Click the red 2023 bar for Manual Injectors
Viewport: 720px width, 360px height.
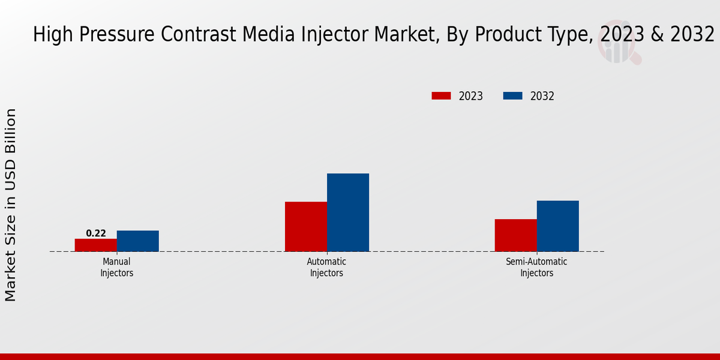(x=96, y=245)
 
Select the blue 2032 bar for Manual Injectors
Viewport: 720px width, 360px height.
(x=138, y=241)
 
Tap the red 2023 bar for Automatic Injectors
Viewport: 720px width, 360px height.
(x=306, y=226)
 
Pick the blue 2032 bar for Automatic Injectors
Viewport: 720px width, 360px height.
(x=348, y=212)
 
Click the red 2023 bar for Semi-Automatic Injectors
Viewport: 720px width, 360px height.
(x=516, y=235)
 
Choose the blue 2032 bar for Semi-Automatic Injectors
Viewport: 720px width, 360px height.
(x=558, y=226)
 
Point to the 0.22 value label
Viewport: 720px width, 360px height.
(x=96, y=233)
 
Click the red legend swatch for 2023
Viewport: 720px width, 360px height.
(x=441, y=96)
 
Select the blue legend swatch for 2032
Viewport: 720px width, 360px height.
(x=512, y=96)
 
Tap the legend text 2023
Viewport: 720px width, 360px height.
(x=471, y=96)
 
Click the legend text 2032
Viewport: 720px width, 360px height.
(x=542, y=96)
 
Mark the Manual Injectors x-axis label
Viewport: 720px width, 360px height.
(x=116, y=268)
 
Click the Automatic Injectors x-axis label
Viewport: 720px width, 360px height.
(x=326, y=268)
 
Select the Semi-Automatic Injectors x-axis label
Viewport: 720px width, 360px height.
(x=536, y=268)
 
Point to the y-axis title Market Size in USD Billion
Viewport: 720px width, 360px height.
(x=11, y=205)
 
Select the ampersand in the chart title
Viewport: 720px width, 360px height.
(x=657, y=35)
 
